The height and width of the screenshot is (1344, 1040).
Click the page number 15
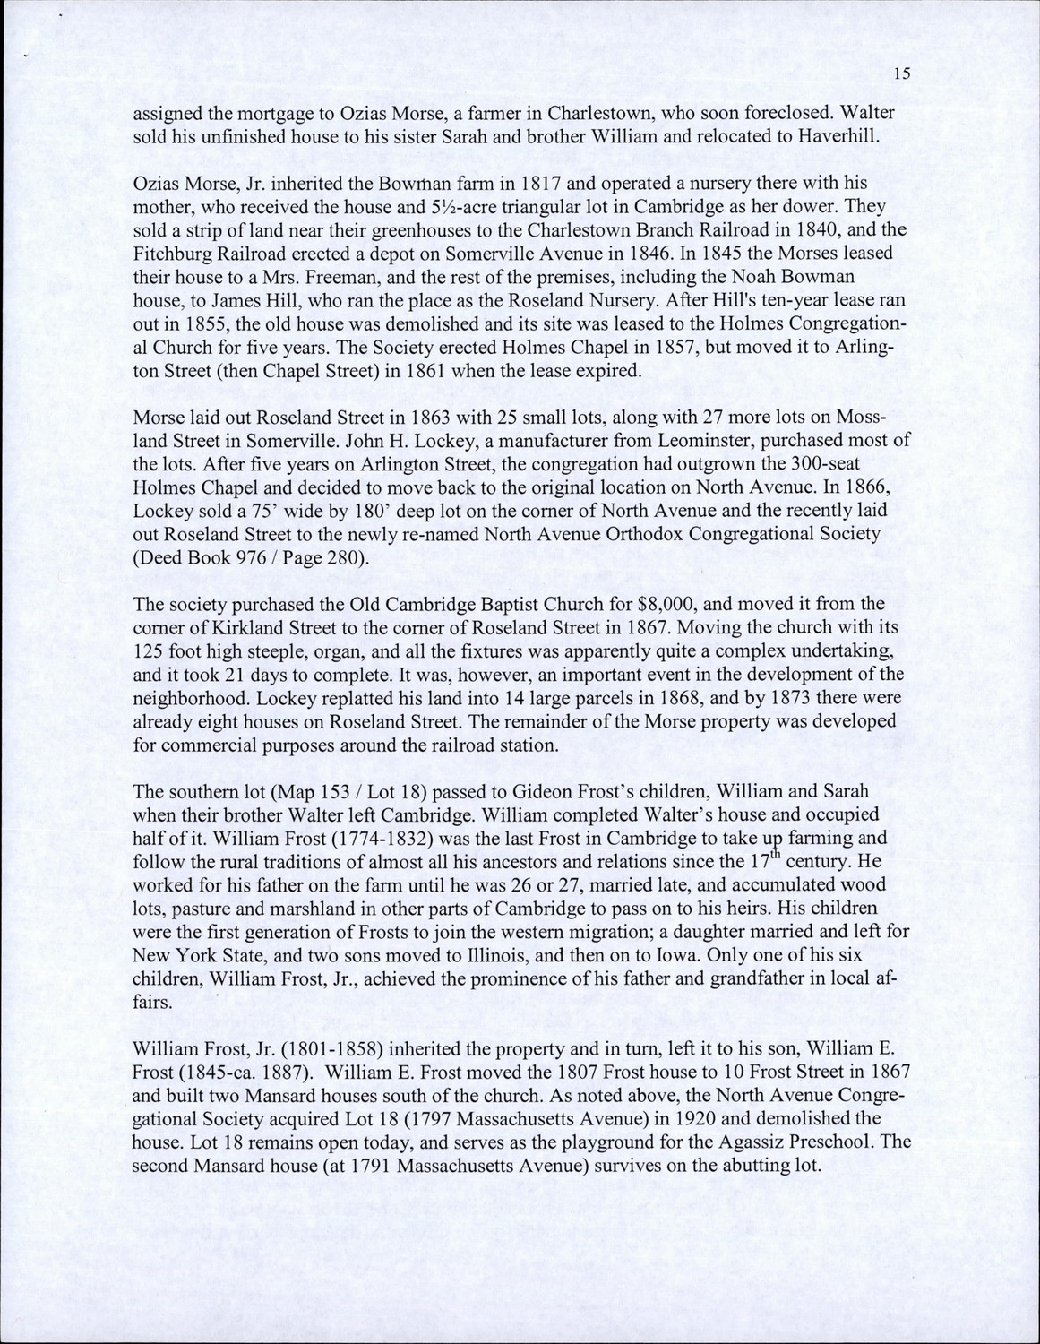click(x=902, y=74)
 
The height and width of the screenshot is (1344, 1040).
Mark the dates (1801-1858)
click(x=305, y=1048)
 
